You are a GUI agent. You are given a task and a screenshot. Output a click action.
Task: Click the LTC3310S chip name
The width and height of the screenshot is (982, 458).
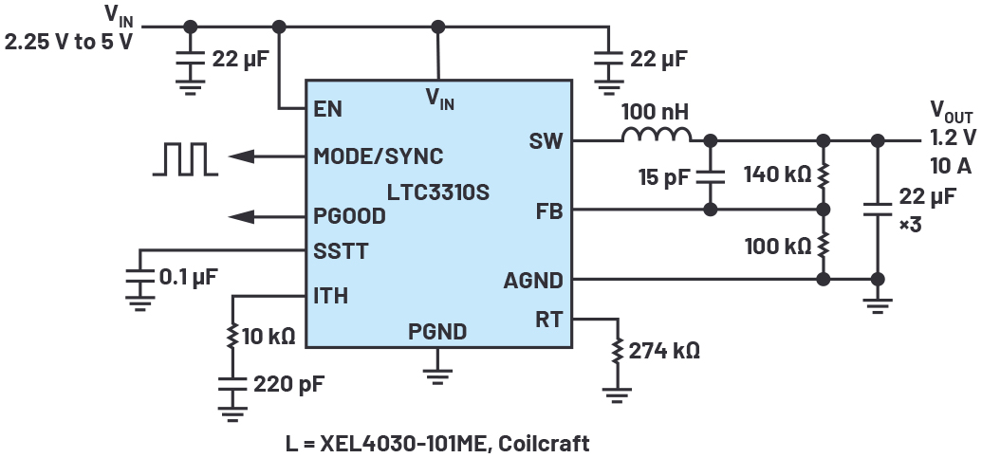[x=437, y=192]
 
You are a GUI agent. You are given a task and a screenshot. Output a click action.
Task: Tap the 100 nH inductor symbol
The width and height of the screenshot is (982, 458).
[x=657, y=135]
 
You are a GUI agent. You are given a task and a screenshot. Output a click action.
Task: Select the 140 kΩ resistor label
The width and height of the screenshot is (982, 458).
[x=777, y=174]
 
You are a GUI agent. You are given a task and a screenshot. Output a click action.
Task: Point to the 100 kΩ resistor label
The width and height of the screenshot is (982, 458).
[x=777, y=246]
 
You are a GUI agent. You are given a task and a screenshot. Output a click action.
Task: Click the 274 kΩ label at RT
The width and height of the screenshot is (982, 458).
[x=664, y=350]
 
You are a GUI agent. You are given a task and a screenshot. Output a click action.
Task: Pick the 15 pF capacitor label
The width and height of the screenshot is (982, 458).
[x=664, y=176]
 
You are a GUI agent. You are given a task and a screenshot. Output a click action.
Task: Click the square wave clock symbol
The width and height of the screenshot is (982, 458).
[x=186, y=158]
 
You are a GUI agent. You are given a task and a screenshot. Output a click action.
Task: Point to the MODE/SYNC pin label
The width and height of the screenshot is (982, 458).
[x=378, y=156]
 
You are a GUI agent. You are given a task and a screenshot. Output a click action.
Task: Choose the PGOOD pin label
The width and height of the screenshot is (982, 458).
[x=349, y=216]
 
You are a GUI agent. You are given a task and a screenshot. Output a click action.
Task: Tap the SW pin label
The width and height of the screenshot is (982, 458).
[x=547, y=141]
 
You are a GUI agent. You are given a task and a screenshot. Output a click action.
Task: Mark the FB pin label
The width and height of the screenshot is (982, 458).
[x=549, y=211]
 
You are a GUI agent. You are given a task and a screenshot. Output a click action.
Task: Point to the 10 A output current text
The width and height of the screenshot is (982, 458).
[x=950, y=167]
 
